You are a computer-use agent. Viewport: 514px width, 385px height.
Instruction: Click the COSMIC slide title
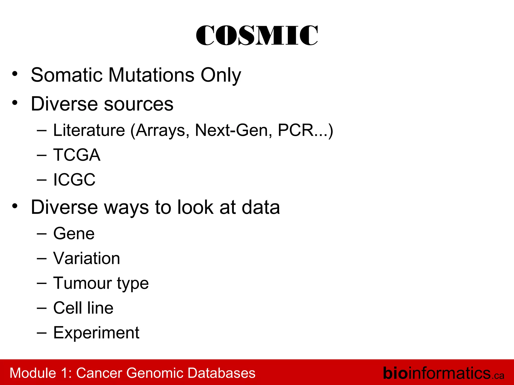point(257,36)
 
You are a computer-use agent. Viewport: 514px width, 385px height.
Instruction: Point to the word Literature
point(89,130)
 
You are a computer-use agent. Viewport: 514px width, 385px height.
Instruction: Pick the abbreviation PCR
point(296,130)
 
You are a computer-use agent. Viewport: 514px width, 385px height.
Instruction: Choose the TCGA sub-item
point(77,155)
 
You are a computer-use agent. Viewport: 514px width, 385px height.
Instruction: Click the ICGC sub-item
point(74,179)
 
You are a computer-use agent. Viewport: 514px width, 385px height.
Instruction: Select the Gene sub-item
point(74,234)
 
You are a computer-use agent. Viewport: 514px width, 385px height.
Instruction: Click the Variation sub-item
point(87,258)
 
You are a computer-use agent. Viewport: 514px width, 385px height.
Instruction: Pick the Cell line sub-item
point(83,308)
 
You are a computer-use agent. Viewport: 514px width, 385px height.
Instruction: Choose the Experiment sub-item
point(96,333)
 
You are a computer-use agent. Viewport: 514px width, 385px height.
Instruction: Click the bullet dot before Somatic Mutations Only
point(15,74)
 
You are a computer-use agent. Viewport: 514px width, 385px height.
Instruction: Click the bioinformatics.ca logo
point(443,373)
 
